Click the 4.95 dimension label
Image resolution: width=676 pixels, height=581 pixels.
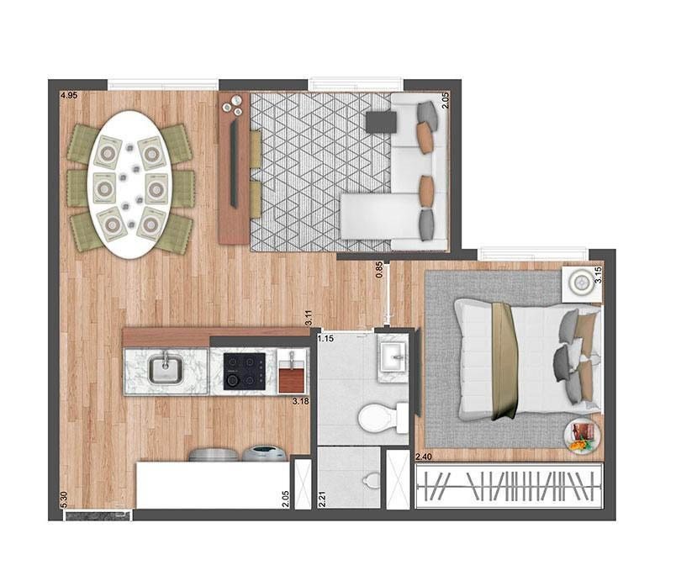[x=69, y=97]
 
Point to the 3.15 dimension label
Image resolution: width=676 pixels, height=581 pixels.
[x=598, y=274]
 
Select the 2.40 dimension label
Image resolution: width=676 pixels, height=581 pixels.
[x=424, y=457]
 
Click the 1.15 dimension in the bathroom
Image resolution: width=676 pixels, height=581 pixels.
[x=327, y=339]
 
